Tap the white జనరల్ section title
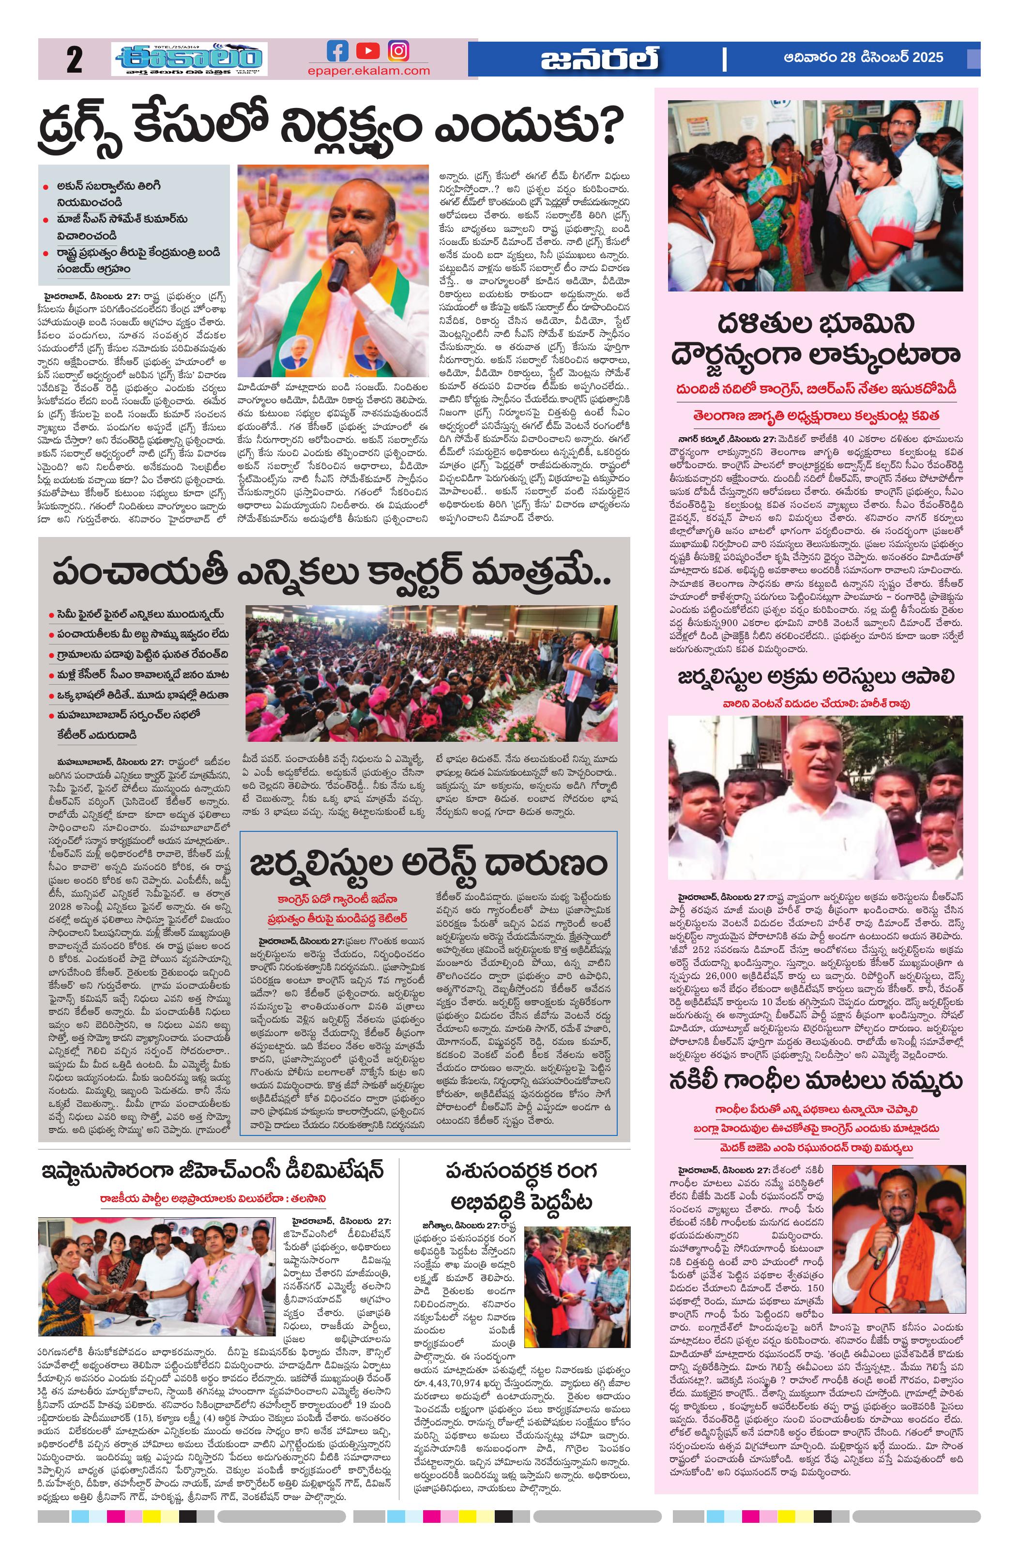coord(599,60)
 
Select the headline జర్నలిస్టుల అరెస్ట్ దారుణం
coord(428,864)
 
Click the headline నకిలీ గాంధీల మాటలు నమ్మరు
coord(816,1080)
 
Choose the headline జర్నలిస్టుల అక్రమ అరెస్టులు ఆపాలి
coord(816,677)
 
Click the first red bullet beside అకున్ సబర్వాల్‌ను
coord(46,187)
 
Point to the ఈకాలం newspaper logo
coord(189,59)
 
